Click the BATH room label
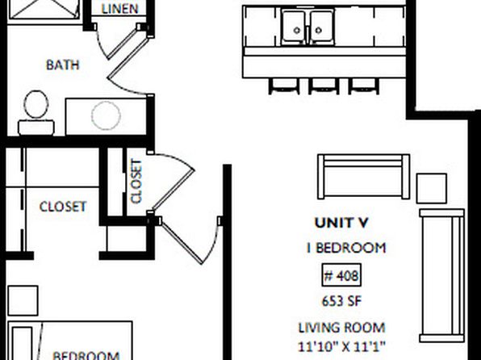(63, 65)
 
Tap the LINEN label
(119, 9)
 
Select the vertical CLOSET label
(136, 181)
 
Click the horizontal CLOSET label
(63, 207)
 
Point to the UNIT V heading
(341, 223)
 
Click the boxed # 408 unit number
(341, 275)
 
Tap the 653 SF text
(341, 301)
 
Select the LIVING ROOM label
(341, 328)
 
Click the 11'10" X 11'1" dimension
(341, 347)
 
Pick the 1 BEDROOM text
(346, 248)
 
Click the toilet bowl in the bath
(36, 104)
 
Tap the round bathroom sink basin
(106, 115)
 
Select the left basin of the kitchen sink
(295, 27)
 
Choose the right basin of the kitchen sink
(322, 27)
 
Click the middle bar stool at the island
(324, 86)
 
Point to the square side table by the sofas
(431, 188)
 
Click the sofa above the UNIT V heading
(363, 177)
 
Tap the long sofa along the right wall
(441, 275)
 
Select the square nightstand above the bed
(23, 300)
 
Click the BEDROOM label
(86, 355)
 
